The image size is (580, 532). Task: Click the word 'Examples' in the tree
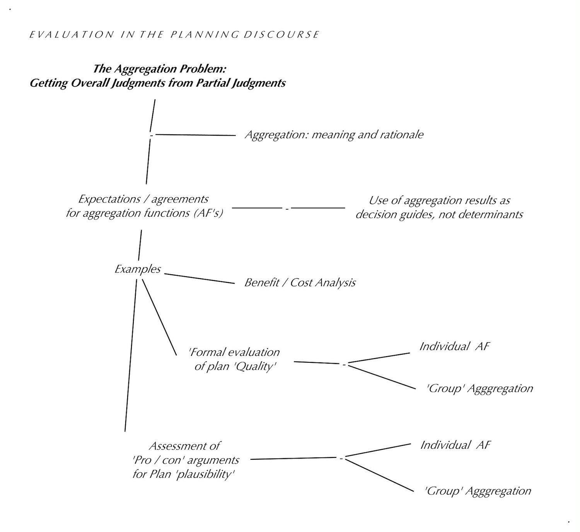pos(138,269)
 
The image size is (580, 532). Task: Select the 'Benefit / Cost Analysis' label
pos(300,282)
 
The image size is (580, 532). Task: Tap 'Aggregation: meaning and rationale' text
pos(334,134)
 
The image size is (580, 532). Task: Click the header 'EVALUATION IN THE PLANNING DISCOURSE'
pos(174,34)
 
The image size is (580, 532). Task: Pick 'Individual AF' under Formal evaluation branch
pos(454,346)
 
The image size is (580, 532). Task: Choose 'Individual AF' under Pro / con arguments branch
pos(455,445)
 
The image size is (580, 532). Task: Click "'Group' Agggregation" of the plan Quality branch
pos(479,388)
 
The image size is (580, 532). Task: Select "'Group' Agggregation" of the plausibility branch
pos(478,491)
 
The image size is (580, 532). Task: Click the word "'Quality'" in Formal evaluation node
pos(256,366)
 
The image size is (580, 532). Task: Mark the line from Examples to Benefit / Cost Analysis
pos(200,279)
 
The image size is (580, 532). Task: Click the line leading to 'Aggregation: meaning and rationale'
pos(195,135)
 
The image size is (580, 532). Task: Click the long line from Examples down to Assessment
pos(131,354)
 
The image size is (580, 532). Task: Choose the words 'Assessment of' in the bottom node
pos(184,446)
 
